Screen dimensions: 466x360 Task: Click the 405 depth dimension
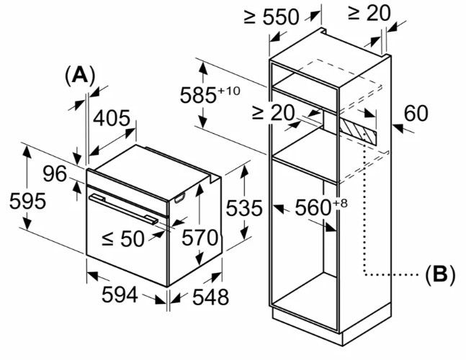point(112,118)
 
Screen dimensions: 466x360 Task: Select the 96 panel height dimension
point(55,174)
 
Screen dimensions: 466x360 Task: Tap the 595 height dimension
point(27,201)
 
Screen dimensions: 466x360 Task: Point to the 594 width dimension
point(120,294)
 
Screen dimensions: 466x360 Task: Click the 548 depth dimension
point(211,297)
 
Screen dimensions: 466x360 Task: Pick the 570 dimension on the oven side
point(200,238)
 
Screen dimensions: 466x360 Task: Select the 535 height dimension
point(244,208)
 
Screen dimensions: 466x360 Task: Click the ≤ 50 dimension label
point(123,238)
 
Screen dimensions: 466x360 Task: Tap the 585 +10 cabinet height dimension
point(210,94)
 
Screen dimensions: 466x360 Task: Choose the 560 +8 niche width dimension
point(321,207)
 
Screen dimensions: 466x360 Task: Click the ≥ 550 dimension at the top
point(272,17)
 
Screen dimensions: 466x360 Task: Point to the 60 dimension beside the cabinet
point(416,113)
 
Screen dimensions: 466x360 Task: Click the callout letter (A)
point(80,76)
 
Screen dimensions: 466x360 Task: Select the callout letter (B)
point(440,274)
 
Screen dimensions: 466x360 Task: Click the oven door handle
point(124,209)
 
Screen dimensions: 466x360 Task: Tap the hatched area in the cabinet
point(358,131)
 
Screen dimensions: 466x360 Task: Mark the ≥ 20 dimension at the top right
point(369,14)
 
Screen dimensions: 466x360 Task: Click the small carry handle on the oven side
point(179,198)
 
